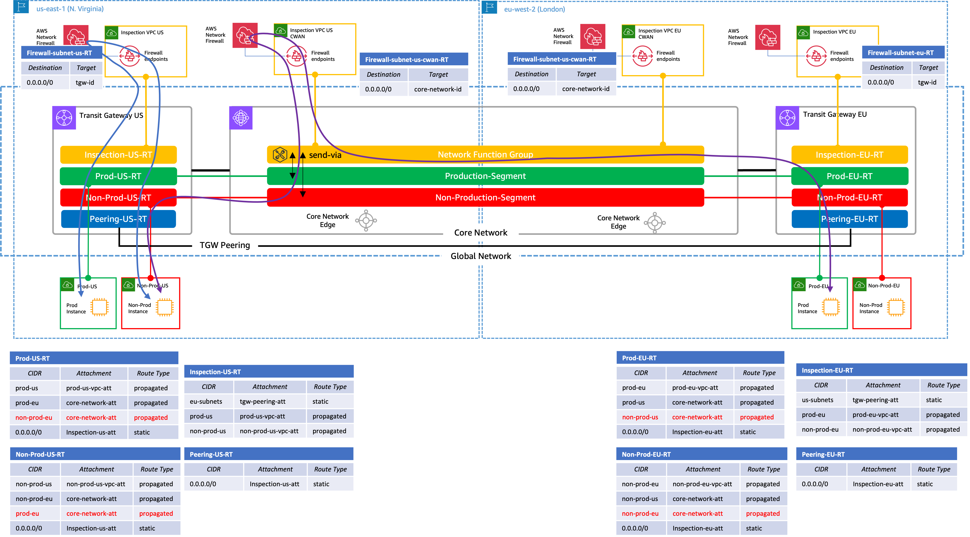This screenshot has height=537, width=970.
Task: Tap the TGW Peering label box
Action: click(225, 245)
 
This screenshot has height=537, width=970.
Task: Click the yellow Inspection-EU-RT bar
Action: click(849, 155)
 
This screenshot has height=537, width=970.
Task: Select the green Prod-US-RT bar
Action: click(118, 176)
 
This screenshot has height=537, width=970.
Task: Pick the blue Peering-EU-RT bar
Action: click(849, 219)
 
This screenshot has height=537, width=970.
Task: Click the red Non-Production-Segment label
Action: click(485, 197)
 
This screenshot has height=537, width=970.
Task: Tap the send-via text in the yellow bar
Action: click(325, 155)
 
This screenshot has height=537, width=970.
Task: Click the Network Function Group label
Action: click(485, 155)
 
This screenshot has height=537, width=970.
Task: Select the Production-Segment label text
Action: click(485, 176)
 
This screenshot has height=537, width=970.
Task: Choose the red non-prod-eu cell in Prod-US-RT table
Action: click(34, 417)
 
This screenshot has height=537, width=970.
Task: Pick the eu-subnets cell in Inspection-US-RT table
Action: click(206, 401)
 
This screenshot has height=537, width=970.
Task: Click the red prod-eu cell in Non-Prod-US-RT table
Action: click(28, 513)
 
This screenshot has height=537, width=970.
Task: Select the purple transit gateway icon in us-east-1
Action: click(64, 118)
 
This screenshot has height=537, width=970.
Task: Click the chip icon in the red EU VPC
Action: click(895, 307)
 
